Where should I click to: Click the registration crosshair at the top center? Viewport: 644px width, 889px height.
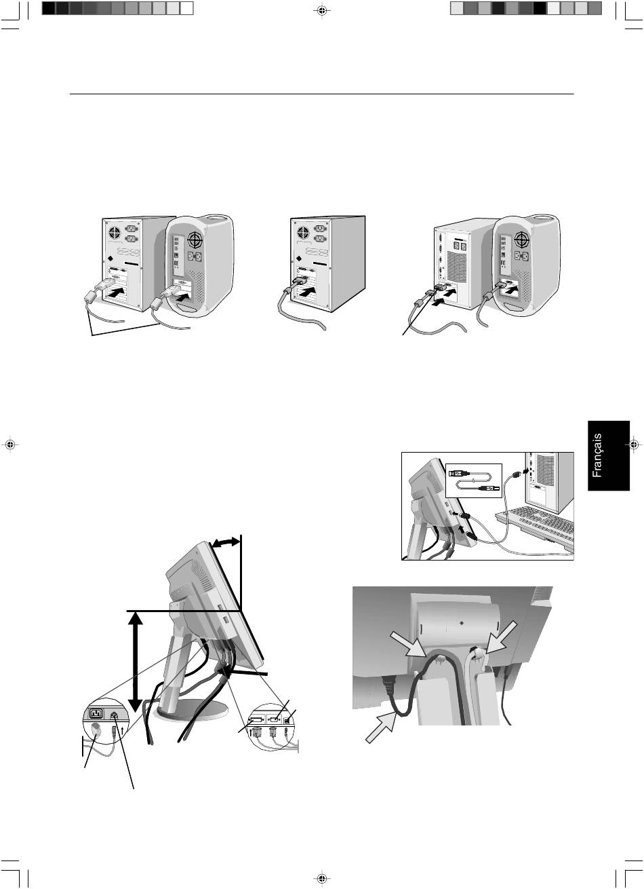click(x=322, y=11)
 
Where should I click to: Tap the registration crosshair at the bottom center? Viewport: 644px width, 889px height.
click(x=322, y=878)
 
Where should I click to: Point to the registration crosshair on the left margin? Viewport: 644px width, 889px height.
click(x=11, y=444)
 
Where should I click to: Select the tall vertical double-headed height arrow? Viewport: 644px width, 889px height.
click(x=136, y=662)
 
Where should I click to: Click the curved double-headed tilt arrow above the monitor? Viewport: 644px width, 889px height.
click(x=226, y=542)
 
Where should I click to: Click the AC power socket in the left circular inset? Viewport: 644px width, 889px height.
click(x=96, y=714)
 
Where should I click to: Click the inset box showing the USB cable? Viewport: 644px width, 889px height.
click(x=474, y=480)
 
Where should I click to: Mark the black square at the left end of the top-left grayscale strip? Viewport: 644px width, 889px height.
click(x=48, y=9)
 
